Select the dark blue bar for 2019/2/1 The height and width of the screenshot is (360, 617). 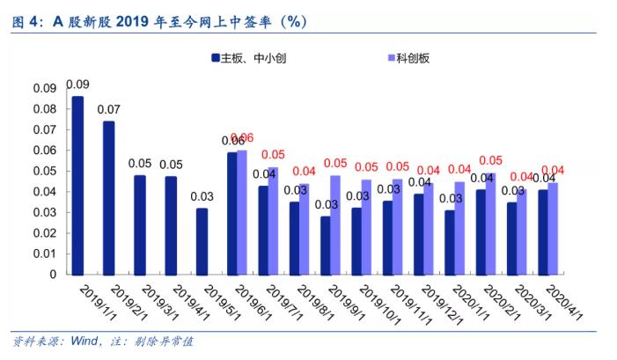(x=108, y=197)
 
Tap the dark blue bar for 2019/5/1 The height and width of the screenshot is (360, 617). (x=202, y=240)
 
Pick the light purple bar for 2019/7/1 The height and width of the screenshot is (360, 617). (x=273, y=220)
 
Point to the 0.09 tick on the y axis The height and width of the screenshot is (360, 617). (x=44, y=89)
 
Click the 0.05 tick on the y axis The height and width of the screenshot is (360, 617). (x=44, y=171)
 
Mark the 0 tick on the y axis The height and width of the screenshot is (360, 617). (x=52, y=274)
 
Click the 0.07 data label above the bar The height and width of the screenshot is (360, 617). (x=108, y=110)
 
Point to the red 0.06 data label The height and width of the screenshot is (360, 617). (x=242, y=137)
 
